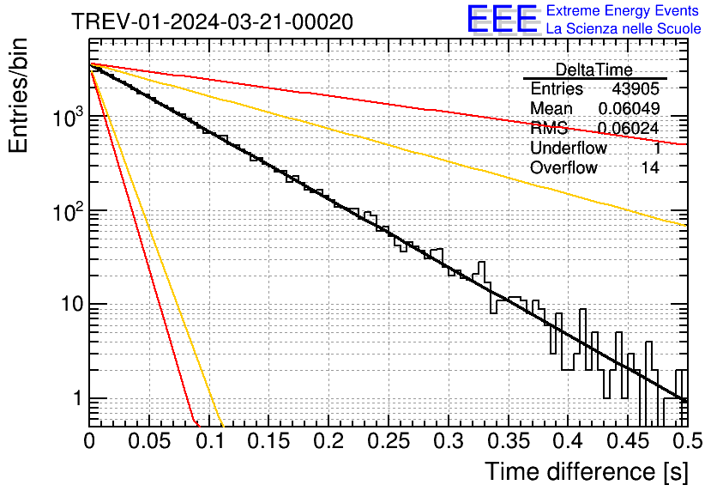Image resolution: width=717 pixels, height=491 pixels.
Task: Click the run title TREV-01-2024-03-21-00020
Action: [x=212, y=22]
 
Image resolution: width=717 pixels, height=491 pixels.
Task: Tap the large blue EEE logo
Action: [x=502, y=20]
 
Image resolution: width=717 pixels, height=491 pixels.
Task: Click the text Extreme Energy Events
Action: [x=624, y=10]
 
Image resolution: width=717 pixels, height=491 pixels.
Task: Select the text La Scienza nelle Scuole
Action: [x=624, y=28]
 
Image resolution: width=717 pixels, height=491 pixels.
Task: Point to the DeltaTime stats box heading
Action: [x=593, y=70]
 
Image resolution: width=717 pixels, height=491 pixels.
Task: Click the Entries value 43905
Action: [x=636, y=89]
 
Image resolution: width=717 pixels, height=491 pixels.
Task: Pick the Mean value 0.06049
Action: [x=629, y=108]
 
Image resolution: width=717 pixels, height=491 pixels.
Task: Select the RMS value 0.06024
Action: [x=629, y=128]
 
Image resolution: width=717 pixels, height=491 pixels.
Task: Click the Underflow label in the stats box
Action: [x=569, y=148]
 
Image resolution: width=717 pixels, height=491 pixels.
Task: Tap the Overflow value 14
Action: [x=651, y=167]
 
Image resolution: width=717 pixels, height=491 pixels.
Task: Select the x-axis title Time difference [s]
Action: [x=587, y=471]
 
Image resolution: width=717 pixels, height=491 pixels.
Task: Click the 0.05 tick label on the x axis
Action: [x=148, y=440]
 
